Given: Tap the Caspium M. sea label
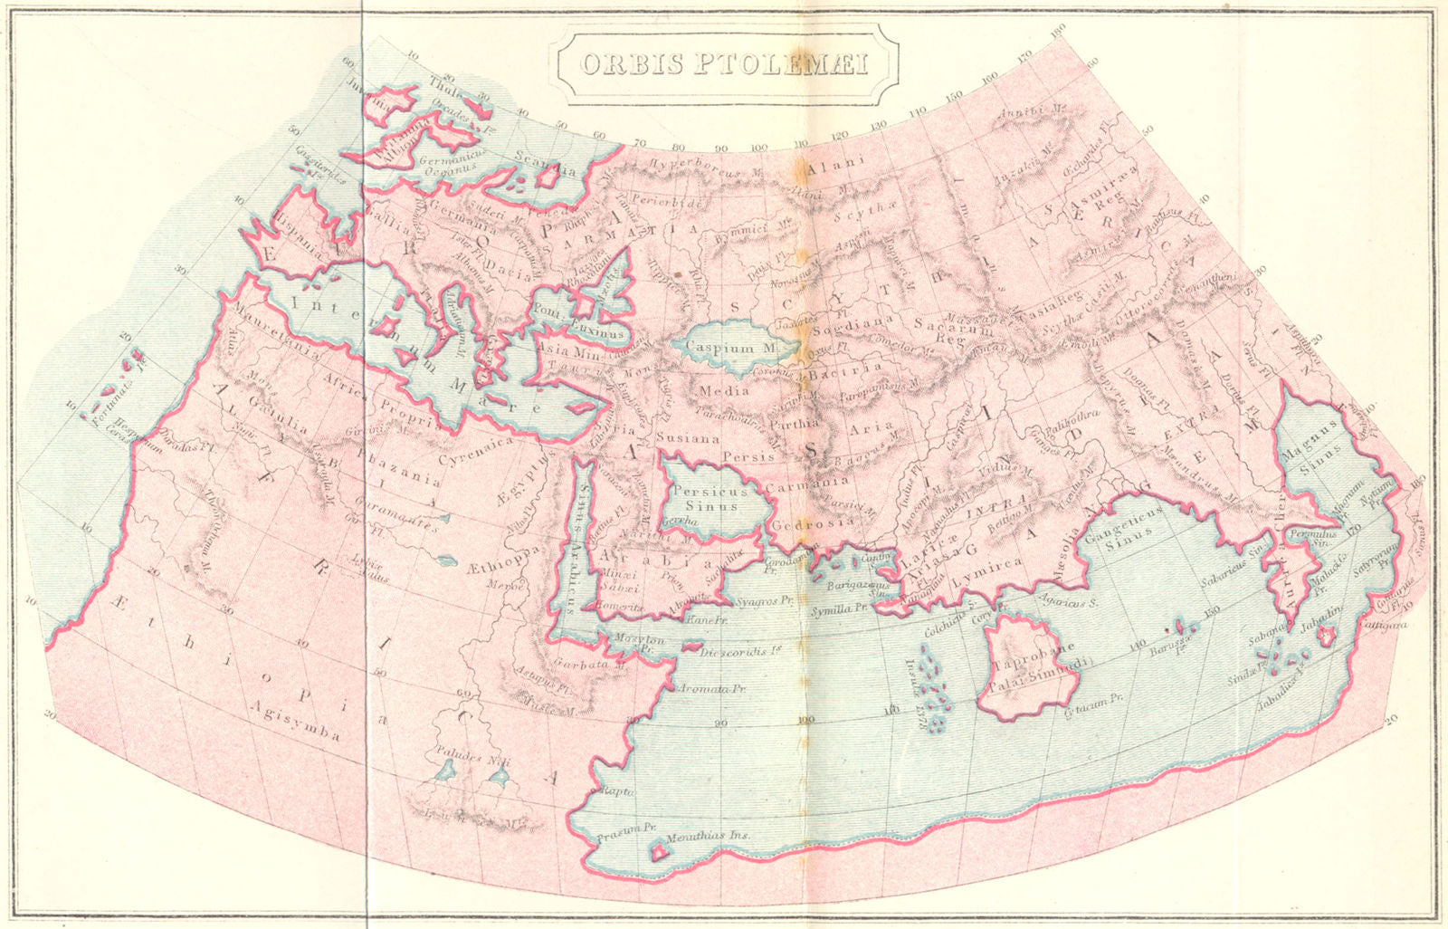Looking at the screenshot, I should (720, 348).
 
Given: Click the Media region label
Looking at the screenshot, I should (724, 391).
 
